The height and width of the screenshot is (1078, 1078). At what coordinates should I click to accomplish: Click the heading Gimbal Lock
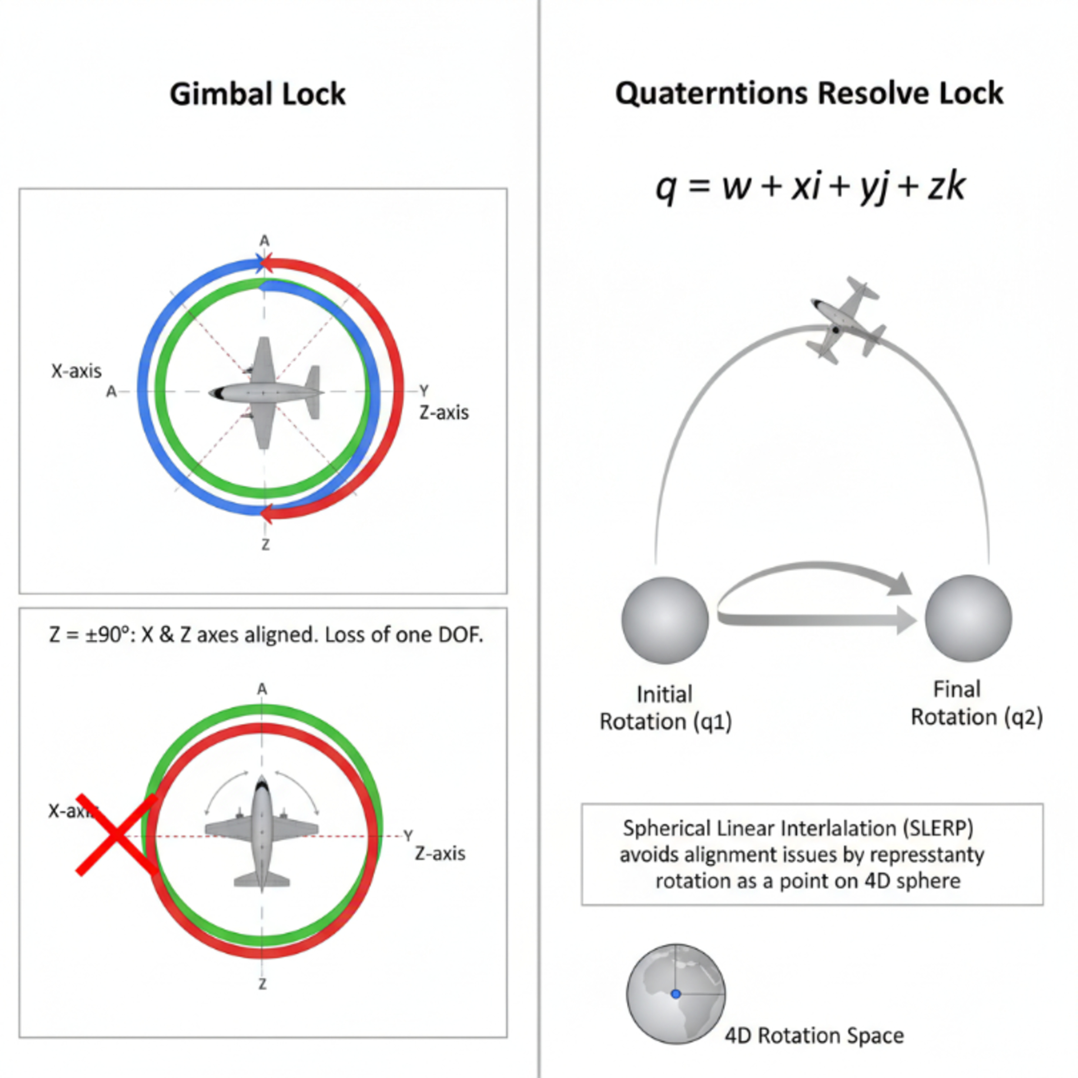[257, 94]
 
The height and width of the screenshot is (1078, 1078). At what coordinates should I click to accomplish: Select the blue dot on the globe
[676, 994]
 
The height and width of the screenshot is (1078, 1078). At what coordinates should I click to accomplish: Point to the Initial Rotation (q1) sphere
[665, 620]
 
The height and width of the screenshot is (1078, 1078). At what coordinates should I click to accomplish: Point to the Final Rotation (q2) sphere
[968, 618]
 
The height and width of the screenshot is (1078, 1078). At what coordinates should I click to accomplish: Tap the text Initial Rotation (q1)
[665, 708]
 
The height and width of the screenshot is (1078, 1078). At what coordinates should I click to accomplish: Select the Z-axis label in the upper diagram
[443, 413]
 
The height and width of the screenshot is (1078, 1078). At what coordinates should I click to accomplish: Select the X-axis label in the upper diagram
[77, 371]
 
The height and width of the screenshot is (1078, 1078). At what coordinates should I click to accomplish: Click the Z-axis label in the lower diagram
[440, 853]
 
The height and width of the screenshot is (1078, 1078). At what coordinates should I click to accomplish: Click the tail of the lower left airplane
[262, 880]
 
